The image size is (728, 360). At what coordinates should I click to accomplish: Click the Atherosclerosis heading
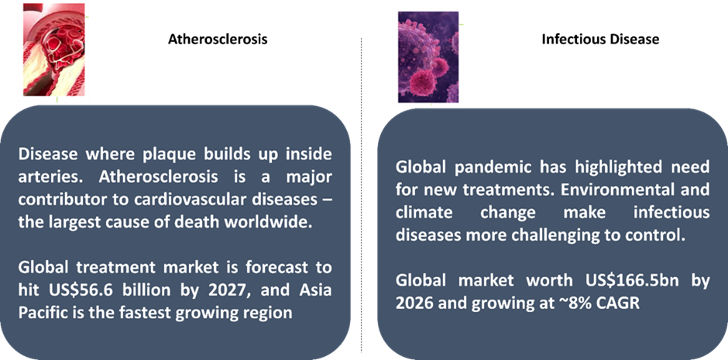coord(218,39)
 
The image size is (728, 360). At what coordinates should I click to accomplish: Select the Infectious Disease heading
coord(600,39)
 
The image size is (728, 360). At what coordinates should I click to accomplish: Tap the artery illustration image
coord(54,50)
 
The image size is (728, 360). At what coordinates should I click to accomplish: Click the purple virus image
coord(428,57)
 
